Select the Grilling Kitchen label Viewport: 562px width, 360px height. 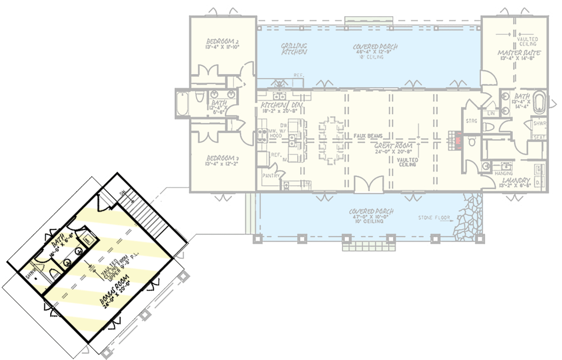[x=294, y=49]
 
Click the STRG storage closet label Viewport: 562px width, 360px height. [x=471, y=121]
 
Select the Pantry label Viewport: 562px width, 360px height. [x=271, y=176]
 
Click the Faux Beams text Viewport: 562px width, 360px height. [x=368, y=136]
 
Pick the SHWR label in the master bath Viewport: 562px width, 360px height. [x=538, y=124]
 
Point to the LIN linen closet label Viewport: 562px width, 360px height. [x=491, y=113]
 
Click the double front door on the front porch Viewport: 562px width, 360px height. [x=369, y=185]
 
